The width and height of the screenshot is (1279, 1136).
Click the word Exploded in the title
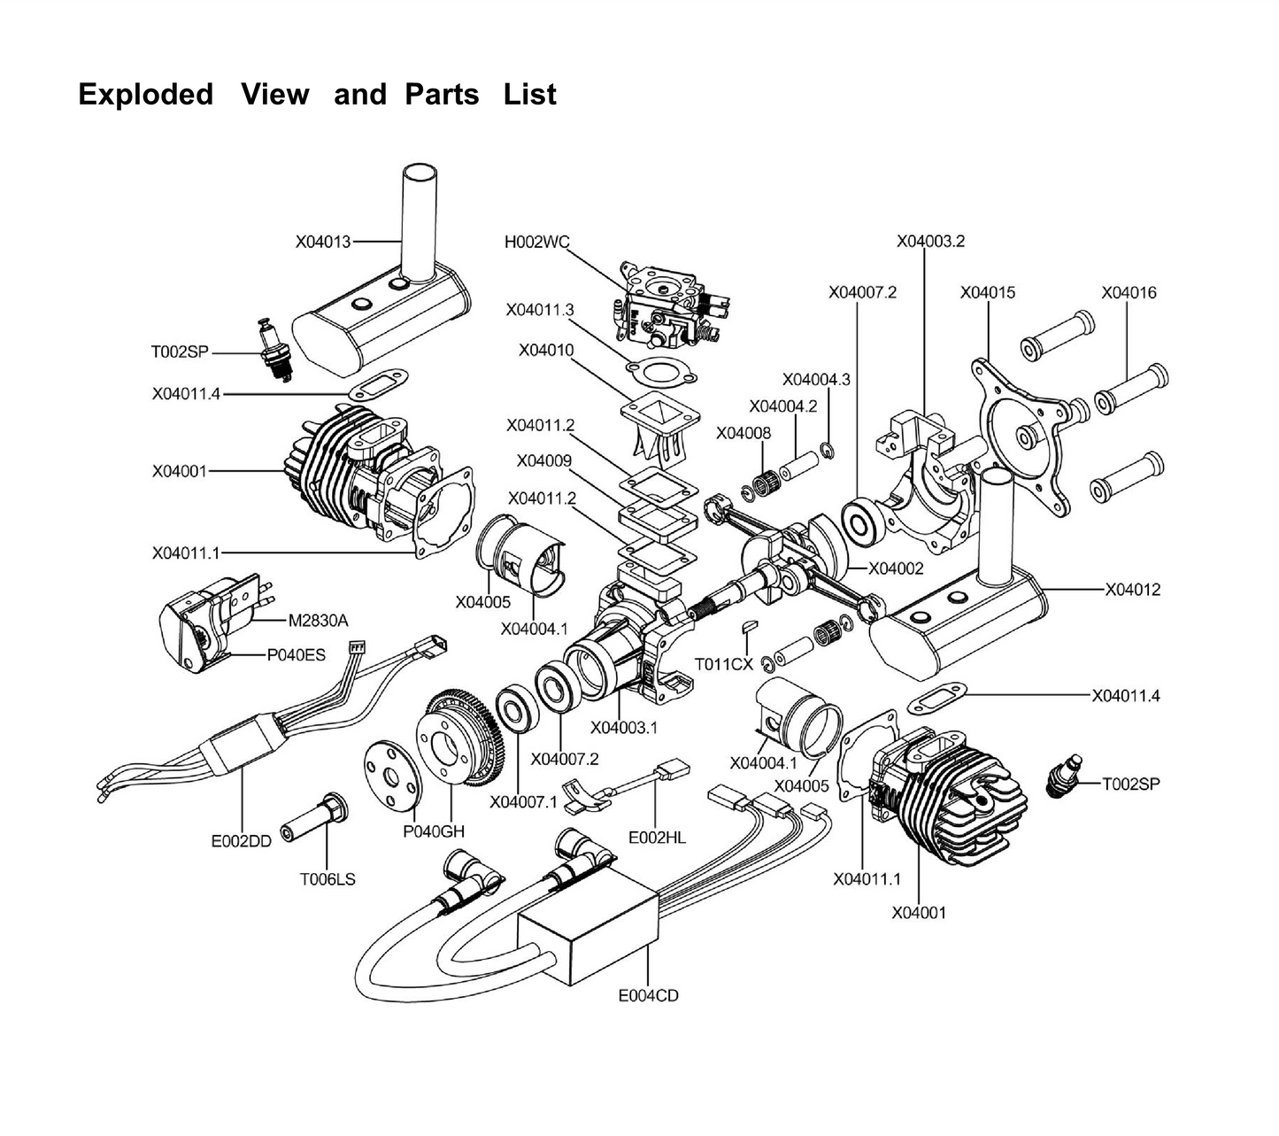[146, 94]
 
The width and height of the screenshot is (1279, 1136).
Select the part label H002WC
[536, 241]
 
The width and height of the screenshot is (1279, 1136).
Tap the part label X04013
[323, 241]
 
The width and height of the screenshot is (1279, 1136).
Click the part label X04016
[1129, 292]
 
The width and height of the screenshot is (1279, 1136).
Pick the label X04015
[988, 292]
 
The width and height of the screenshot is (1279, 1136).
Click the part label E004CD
[648, 995]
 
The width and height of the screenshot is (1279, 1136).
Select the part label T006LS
[327, 879]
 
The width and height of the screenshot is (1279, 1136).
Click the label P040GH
[434, 831]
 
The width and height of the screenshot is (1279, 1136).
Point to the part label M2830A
[319, 621]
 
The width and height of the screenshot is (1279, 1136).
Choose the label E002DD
[241, 841]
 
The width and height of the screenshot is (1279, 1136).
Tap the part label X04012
[1132, 590]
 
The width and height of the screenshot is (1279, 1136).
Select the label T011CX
[723, 664]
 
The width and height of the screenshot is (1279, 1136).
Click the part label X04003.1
[624, 728]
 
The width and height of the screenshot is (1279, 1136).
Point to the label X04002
[896, 568]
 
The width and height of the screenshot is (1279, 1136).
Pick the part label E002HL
[657, 837]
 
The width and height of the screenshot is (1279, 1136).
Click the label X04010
[546, 351]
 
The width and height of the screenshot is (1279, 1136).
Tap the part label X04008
[744, 433]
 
